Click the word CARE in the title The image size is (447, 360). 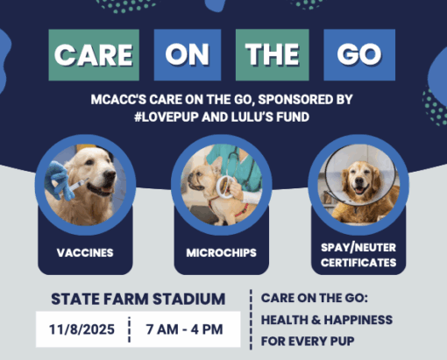click(x=94, y=54)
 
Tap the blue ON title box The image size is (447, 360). click(x=187, y=54)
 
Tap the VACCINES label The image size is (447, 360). click(x=85, y=254)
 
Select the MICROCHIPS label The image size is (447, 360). click(x=221, y=254)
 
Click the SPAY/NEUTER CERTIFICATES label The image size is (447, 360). click(x=358, y=255)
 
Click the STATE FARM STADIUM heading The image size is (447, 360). click(x=138, y=299)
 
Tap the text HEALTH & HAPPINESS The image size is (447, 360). click(x=326, y=319)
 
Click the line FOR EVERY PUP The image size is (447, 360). click(x=312, y=340)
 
